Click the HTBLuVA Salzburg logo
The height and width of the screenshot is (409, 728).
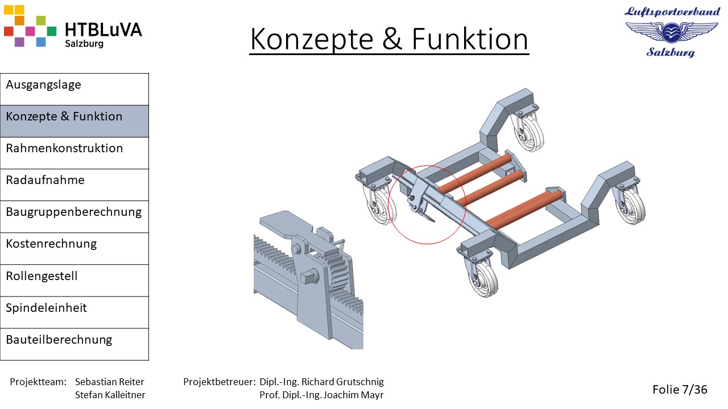tap(73, 26)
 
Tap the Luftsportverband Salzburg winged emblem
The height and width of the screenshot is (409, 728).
tap(672, 32)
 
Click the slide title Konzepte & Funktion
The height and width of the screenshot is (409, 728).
tap(389, 39)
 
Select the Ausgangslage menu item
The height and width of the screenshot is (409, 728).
tap(75, 89)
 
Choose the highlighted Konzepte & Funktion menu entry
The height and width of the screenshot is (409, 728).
tap(75, 121)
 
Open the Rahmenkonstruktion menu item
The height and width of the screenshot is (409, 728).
tap(75, 153)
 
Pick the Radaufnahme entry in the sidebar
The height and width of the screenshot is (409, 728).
tap(75, 185)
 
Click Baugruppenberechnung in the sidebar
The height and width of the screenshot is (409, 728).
tap(75, 216)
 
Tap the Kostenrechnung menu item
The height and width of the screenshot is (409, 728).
tap(75, 248)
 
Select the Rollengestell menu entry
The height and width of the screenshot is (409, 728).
tap(75, 281)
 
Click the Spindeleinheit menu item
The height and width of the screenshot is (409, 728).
tap(75, 312)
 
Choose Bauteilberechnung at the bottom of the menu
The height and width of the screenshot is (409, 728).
tap(75, 344)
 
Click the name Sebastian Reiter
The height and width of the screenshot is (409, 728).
tap(110, 382)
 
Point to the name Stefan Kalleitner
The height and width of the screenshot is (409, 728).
tap(110, 395)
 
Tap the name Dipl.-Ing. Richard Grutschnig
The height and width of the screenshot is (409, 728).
tap(321, 382)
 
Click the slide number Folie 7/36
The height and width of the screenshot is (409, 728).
tap(680, 389)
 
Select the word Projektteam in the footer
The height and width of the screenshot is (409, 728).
tap(38, 382)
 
